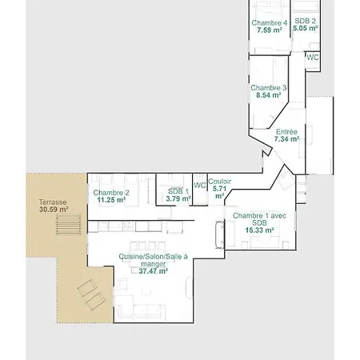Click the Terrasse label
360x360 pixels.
[53, 202]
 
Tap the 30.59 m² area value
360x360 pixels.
[54, 210]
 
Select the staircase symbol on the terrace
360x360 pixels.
[69, 224]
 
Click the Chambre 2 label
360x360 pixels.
[111, 193]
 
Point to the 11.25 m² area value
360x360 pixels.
[111, 200]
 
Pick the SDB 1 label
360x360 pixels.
[178, 191]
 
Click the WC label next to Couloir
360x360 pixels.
[200, 185]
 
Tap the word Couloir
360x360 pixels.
[219, 182]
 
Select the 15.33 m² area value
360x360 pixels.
[259, 230]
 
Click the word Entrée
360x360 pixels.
[286, 132]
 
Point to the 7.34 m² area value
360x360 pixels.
[286, 139]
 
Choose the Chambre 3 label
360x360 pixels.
[269, 88]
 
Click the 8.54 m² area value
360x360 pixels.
[269, 95]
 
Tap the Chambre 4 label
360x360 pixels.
[270, 23]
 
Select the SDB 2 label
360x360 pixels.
[305, 21]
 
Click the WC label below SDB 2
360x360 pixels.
[313, 58]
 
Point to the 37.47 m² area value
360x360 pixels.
[154, 271]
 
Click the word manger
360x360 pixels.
[154, 264]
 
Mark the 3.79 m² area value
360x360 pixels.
[178, 198]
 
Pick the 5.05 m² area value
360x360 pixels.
[306, 28]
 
